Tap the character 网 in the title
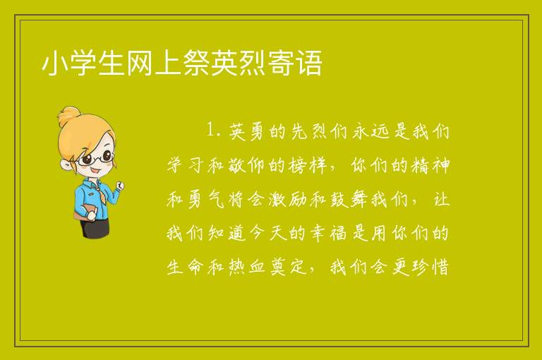pos(139,63)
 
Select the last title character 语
pos(308,63)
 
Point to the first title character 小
pos(54,63)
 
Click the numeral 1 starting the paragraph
pos(211,131)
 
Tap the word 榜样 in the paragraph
pos(308,165)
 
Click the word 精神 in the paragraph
pos(430,165)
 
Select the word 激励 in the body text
pos(287,200)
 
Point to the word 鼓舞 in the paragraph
pos(349,200)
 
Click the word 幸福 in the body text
pos(328,233)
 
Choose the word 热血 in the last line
pos(246,267)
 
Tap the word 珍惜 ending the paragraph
pos(430,267)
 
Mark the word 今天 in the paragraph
pos(267,233)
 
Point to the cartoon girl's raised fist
pos(119,186)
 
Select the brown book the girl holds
pos(84,211)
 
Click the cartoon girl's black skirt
pos(94,227)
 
